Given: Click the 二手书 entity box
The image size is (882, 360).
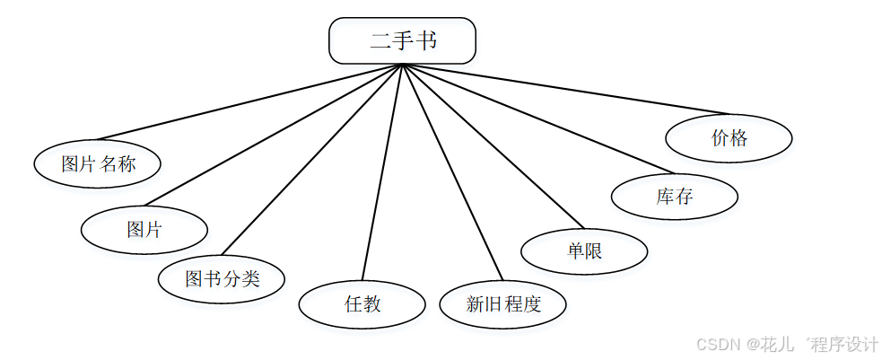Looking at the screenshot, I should point(402,41).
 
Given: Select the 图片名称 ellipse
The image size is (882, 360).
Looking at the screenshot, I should point(98,163).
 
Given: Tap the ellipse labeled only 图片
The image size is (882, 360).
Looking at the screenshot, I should point(144,230).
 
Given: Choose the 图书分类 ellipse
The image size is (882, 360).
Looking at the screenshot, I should point(222,278).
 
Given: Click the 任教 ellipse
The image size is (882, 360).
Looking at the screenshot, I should point(362,304).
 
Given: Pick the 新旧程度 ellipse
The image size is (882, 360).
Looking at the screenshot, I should point(502,303).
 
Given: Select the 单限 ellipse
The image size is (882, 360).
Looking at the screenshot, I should point(584,250).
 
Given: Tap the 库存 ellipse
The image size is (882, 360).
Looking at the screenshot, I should point(674,196).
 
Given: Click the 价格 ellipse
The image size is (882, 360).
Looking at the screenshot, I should point(729,138).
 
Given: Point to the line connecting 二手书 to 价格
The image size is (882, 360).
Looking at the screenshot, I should point(565,89).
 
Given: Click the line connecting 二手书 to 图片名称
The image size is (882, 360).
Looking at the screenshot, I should point(251,102).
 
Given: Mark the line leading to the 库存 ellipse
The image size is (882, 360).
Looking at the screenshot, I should point(538,119).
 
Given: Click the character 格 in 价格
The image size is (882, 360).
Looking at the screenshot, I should point(738,138).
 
